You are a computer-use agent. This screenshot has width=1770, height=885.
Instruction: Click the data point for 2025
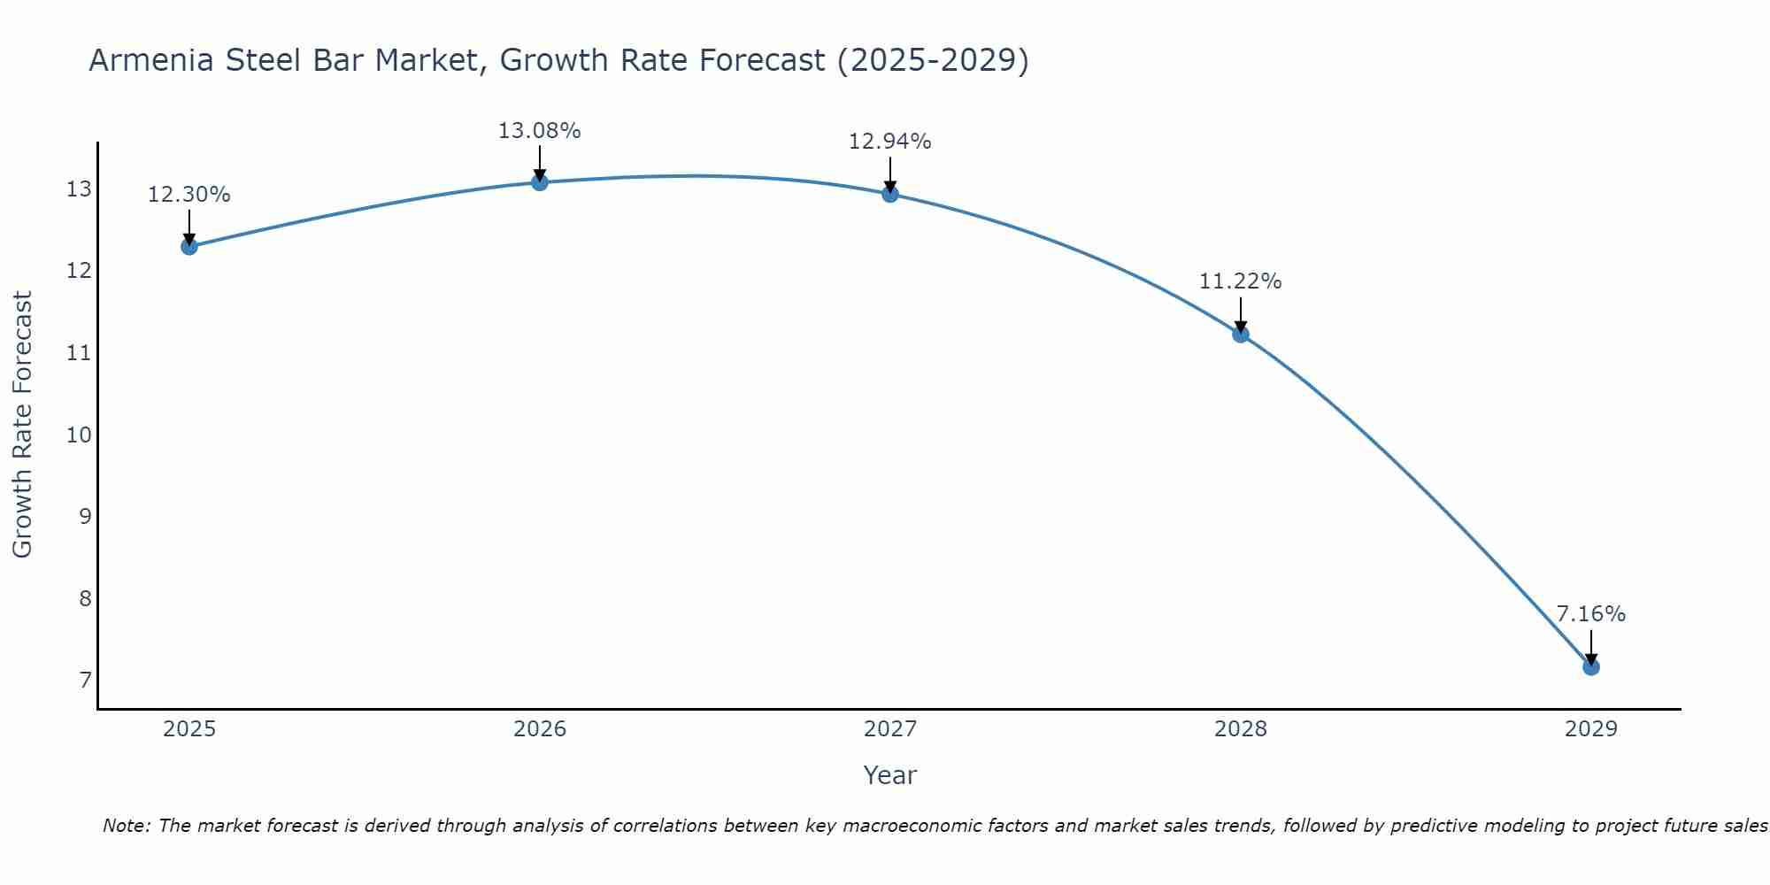tap(189, 246)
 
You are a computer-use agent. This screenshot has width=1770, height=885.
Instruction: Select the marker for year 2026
tap(540, 182)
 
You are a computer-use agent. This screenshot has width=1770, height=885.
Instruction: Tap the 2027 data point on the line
tap(890, 194)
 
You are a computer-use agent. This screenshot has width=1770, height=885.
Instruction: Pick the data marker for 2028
tap(1241, 334)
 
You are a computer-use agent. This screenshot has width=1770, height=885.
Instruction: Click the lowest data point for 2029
tap(1591, 666)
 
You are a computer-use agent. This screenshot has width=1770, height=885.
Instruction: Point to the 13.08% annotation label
tap(539, 131)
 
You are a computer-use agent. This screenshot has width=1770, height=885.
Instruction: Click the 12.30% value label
tap(189, 195)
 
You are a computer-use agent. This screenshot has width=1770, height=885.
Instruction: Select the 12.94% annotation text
tap(889, 142)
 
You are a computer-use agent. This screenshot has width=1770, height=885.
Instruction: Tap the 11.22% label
tap(1240, 281)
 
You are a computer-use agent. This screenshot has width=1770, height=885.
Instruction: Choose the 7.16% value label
tap(1590, 614)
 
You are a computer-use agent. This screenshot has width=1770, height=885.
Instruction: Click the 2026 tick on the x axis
tap(540, 729)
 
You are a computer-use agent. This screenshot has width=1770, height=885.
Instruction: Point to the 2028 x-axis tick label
tap(1241, 729)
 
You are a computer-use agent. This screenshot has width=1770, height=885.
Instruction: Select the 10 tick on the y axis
tap(79, 435)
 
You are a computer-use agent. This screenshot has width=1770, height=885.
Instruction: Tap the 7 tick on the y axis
tap(85, 681)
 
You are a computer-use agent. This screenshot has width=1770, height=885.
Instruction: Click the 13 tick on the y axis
tap(79, 189)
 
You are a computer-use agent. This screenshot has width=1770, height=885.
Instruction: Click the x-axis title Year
tap(889, 775)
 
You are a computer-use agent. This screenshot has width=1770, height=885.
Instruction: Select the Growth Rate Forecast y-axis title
tap(22, 425)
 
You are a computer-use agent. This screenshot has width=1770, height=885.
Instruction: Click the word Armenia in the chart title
tap(151, 61)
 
